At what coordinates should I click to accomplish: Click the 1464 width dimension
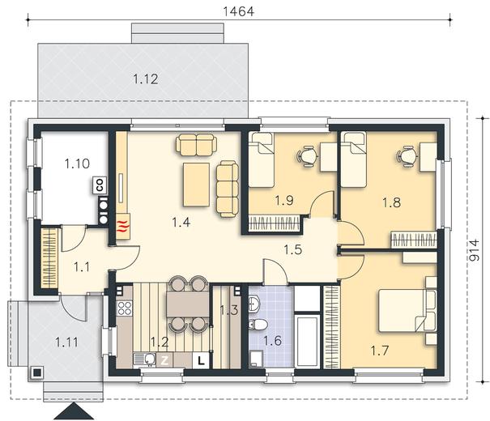click(x=238, y=11)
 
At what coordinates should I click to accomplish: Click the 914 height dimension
click(x=474, y=250)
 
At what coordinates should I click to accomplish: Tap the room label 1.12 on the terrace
click(x=146, y=79)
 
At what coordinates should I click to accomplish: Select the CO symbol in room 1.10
click(x=100, y=185)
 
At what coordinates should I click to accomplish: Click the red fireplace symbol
click(x=123, y=227)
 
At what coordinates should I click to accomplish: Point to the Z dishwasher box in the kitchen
click(x=164, y=361)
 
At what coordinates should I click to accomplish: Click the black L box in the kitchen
click(x=201, y=361)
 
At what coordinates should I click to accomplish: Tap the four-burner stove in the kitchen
click(x=125, y=308)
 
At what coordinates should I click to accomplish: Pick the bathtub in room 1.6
click(x=308, y=341)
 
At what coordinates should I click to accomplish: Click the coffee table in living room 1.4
click(x=196, y=185)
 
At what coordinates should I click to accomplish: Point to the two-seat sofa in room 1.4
click(x=196, y=145)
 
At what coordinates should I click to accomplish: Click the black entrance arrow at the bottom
click(x=74, y=411)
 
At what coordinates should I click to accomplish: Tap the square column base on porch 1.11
click(x=37, y=372)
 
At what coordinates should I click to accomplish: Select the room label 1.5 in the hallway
click(x=293, y=250)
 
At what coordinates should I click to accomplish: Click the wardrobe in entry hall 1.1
click(x=49, y=258)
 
